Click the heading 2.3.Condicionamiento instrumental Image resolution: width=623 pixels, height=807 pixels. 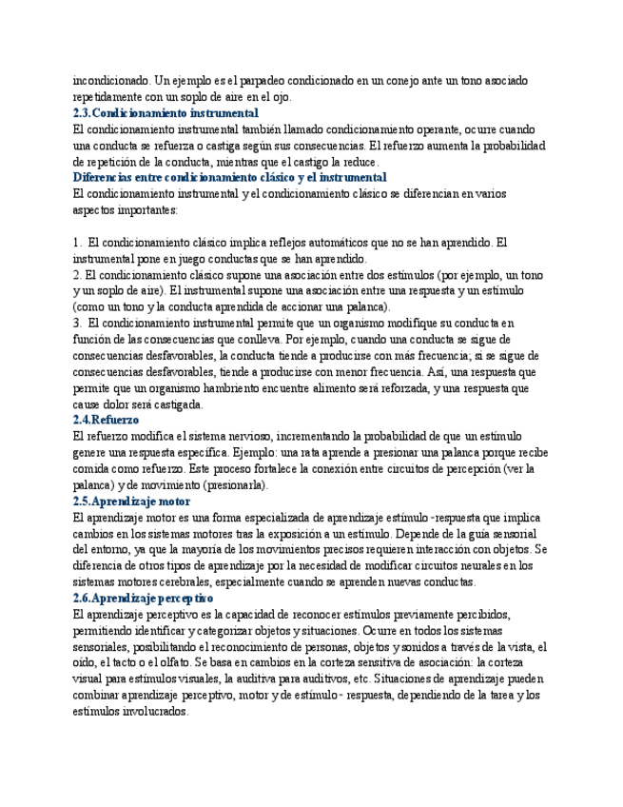point(165,112)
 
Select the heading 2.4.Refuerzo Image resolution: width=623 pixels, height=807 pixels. point(107,420)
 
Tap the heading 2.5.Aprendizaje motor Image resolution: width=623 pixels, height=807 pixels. point(131,501)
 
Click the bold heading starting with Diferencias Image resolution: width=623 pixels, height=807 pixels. point(229,177)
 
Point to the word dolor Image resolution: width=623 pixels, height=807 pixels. point(123,403)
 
